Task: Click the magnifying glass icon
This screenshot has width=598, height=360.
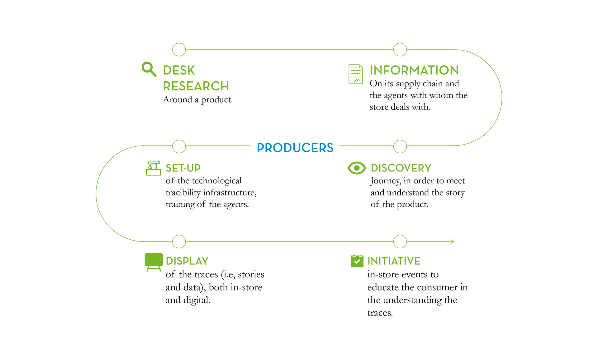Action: point(149,69)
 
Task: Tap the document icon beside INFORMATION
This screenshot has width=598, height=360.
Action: point(355,74)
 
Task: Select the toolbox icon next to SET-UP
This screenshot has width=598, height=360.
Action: point(154,168)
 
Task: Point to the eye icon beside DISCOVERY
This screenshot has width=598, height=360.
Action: point(357,168)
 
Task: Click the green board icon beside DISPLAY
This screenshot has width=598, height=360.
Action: point(154,262)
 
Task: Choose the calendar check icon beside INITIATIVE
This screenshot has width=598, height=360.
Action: point(357,261)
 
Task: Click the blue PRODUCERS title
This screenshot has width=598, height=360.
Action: point(295,148)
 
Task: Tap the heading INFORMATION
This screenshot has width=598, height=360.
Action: point(414,70)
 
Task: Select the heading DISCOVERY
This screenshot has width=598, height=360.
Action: point(401,168)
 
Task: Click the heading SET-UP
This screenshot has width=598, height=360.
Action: point(183,168)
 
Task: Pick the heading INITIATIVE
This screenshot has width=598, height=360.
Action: point(394,261)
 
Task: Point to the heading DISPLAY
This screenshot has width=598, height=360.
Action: point(187,261)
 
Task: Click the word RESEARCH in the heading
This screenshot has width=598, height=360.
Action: point(196,86)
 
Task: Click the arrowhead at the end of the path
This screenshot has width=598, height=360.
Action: point(452,242)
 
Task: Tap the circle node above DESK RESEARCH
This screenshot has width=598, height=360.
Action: point(179,50)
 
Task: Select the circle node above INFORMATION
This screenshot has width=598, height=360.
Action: point(400,50)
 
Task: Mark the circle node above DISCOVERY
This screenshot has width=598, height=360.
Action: point(400,146)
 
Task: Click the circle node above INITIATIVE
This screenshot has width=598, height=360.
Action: point(400,242)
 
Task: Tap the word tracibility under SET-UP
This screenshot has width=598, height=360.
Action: point(183,193)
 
